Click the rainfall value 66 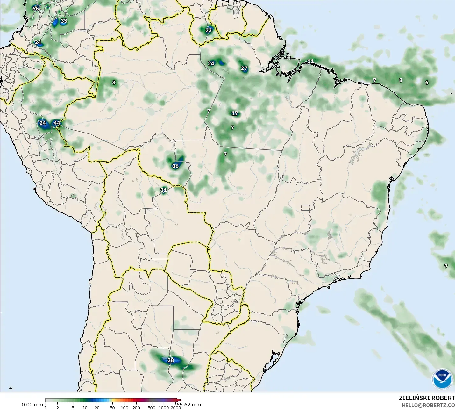coord(35,9)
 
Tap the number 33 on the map coord(64,21)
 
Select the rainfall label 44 coord(57,123)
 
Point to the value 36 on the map coord(175,166)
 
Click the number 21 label coord(163,190)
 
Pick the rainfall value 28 coord(171,360)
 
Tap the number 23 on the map coord(209,30)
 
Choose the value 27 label coord(244,68)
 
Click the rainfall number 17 coord(235,113)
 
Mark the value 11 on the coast coord(310,61)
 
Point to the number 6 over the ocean coord(427,83)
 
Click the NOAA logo coord(442,379)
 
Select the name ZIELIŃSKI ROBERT coord(427,398)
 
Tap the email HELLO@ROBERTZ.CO coord(428,405)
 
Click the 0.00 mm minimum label coord(32,405)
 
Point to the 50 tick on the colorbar coord(112,408)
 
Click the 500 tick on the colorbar coord(152,408)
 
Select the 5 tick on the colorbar coord(73,408)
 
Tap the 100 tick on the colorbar coord(124,408)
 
